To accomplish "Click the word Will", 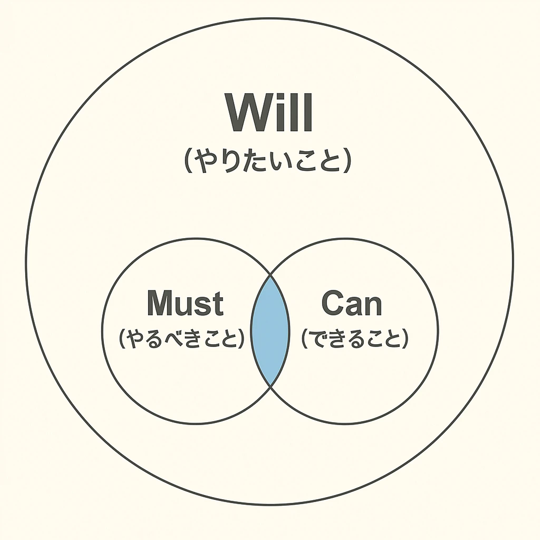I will coord(269,113).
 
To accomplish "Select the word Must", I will coord(185,303).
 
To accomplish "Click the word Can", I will coord(352,303).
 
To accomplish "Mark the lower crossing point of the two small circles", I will coord(270,385).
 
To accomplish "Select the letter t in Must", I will coord(217,304).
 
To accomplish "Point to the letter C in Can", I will coord(333,303).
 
